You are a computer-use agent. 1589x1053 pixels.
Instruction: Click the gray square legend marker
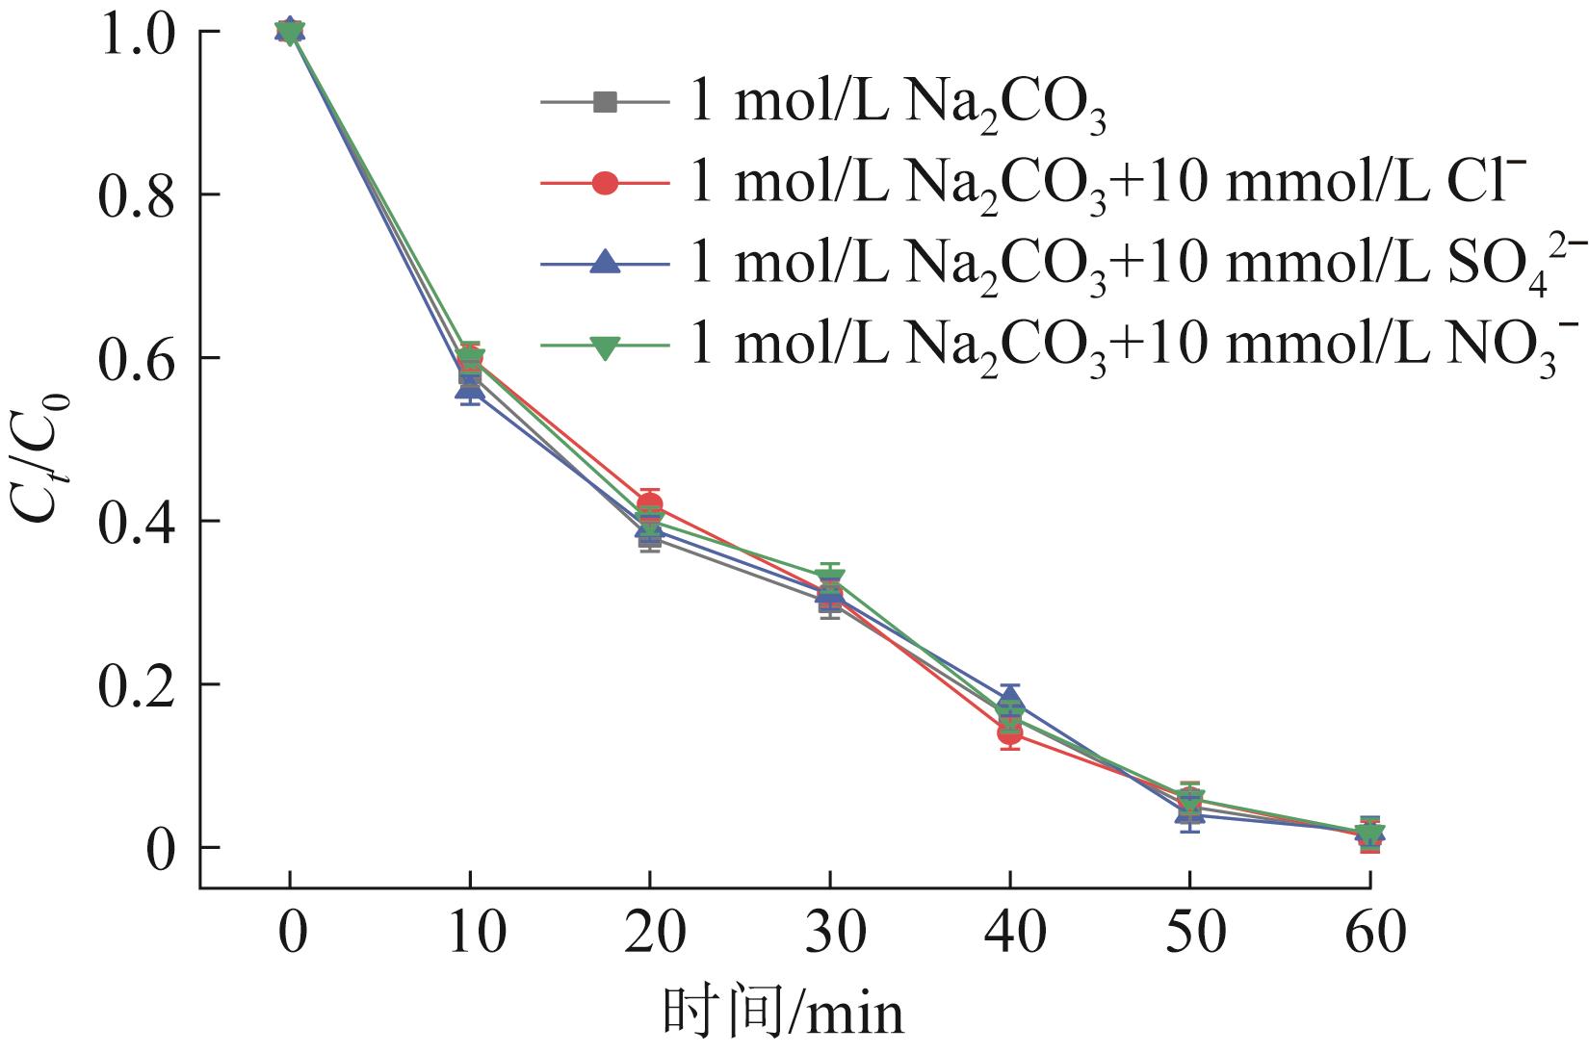click(605, 101)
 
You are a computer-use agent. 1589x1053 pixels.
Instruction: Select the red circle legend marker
click(605, 182)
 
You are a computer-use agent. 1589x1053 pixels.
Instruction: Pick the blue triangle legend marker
click(605, 262)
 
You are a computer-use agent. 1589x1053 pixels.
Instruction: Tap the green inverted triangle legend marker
click(605, 345)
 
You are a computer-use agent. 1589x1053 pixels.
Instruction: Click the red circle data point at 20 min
click(649, 503)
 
